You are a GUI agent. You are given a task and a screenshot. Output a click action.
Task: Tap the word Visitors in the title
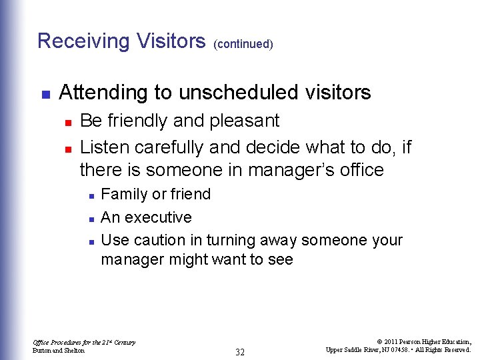coord(171,41)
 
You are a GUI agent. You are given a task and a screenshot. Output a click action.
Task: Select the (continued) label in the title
coord(243,44)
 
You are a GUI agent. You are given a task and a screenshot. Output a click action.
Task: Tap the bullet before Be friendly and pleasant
coord(67,122)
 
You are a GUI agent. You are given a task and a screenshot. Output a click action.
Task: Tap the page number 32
coord(240,352)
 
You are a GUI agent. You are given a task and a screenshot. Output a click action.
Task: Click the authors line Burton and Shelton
coord(59,351)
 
